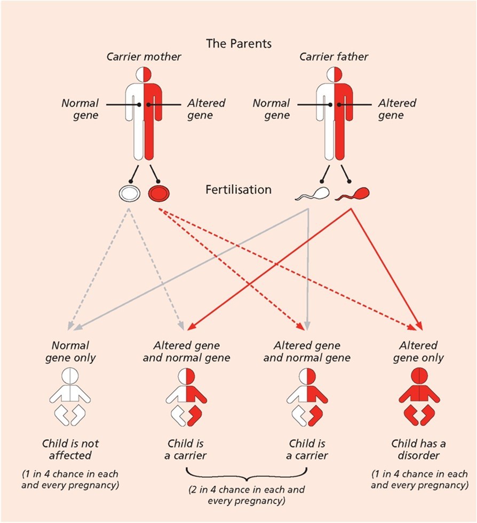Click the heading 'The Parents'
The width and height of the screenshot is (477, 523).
(238, 43)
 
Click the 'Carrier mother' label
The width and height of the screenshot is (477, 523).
(143, 57)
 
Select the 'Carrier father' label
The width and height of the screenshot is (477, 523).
(334, 57)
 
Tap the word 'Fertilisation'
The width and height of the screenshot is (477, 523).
(238, 190)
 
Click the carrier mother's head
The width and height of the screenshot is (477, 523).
(144, 73)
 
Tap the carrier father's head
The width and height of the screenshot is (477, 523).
(334, 73)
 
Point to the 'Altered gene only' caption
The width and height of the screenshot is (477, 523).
(419, 352)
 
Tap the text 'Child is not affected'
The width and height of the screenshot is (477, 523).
(70, 449)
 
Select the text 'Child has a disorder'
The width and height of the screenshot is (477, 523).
(419, 449)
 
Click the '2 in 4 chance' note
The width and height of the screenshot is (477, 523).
(246, 495)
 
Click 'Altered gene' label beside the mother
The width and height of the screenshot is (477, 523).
(206, 109)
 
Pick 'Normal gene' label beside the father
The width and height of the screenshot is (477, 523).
(271, 109)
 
